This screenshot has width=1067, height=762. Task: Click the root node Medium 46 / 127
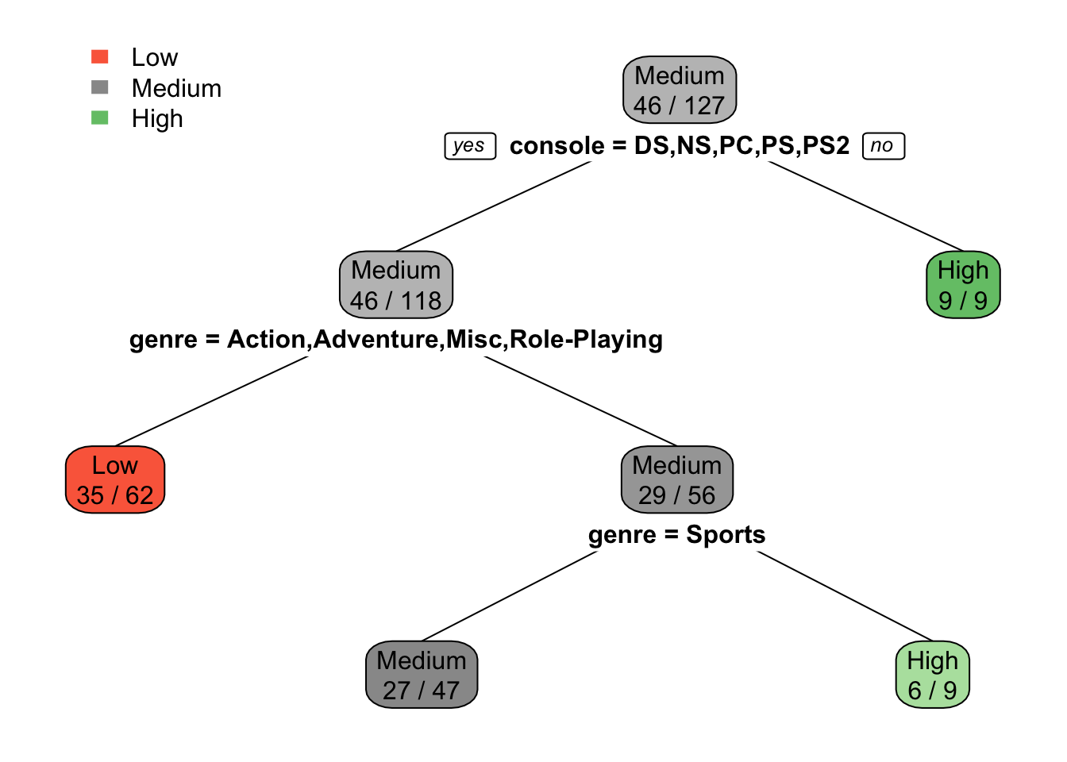[x=680, y=90]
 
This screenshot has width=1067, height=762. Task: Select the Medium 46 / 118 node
[x=396, y=285]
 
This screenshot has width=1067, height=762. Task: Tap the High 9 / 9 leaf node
[x=963, y=285]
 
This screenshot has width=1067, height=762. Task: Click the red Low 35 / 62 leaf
[x=115, y=479]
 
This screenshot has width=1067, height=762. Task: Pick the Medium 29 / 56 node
[x=677, y=479]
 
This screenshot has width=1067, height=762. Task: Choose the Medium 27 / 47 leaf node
[x=422, y=675]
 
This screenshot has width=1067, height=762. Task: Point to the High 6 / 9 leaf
[x=933, y=675]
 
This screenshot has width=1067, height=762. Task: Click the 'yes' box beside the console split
[x=470, y=146]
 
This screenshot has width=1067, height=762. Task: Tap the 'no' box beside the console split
[x=883, y=146]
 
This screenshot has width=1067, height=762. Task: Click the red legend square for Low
[x=100, y=56]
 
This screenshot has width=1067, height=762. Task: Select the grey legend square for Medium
[x=100, y=87]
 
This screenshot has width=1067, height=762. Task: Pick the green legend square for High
[x=100, y=118]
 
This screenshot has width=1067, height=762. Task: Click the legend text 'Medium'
[x=176, y=88]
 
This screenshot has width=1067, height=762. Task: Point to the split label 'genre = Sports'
[x=676, y=534]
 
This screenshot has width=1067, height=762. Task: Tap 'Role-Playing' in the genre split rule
[x=586, y=340]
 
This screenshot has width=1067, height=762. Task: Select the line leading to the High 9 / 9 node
[x=865, y=206]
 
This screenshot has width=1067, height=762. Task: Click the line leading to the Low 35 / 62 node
[x=211, y=402]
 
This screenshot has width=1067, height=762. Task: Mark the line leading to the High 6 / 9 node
[x=845, y=595]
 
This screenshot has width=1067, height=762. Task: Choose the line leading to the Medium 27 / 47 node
[x=510, y=595]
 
